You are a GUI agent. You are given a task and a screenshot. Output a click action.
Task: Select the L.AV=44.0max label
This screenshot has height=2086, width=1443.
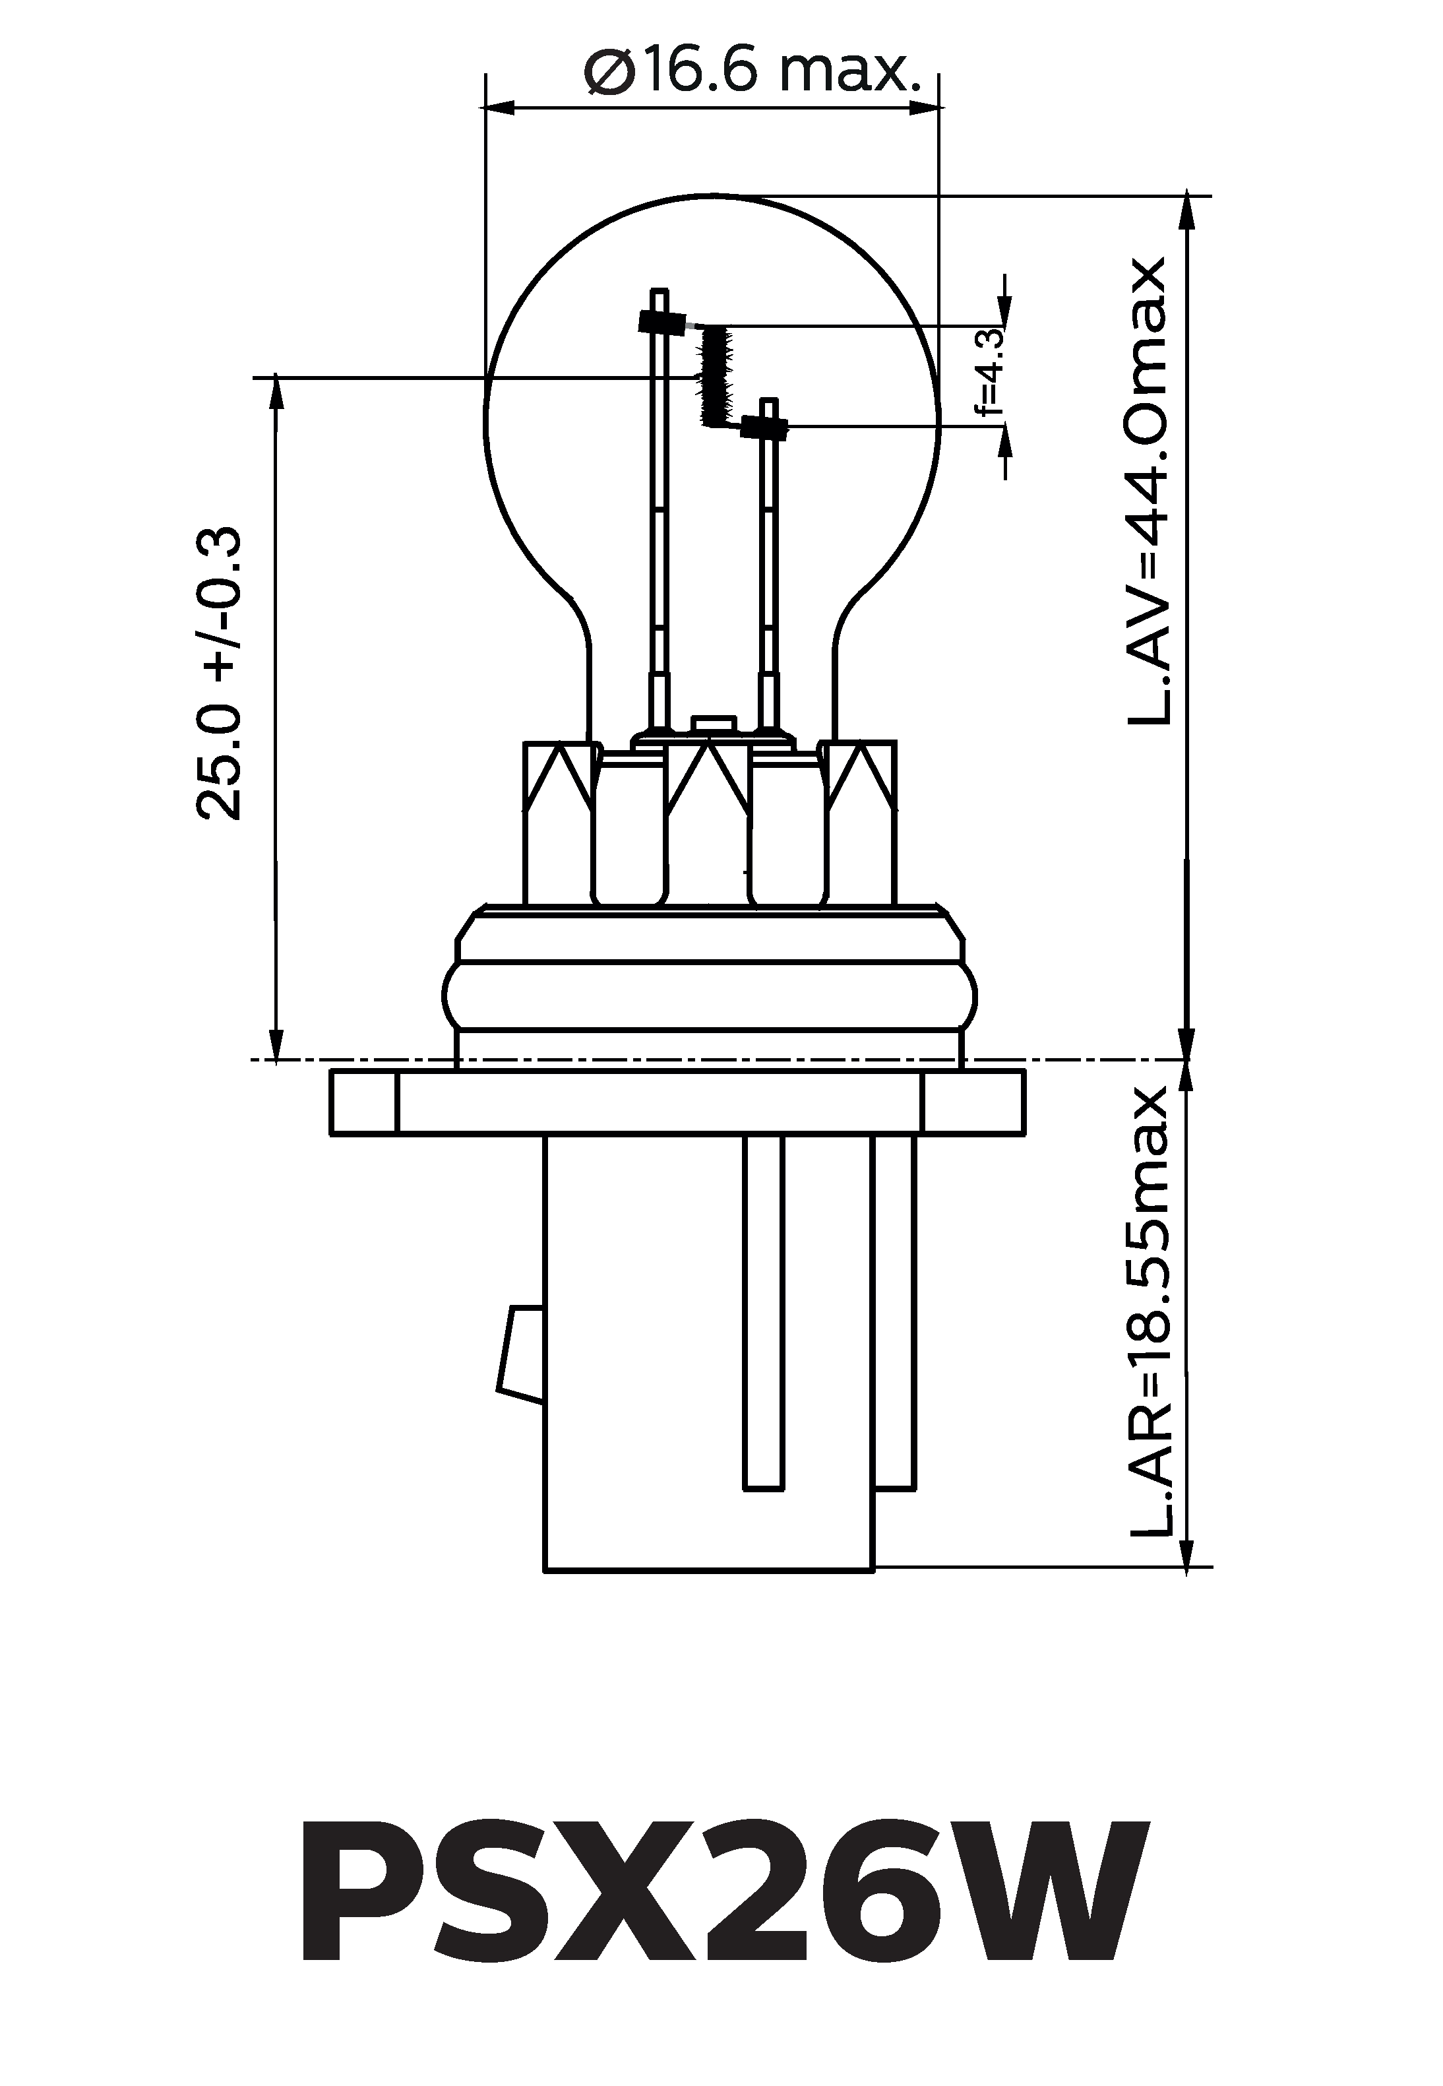click(x=1148, y=492)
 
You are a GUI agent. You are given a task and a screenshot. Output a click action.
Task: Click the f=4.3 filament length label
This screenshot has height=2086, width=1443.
click(x=991, y=371)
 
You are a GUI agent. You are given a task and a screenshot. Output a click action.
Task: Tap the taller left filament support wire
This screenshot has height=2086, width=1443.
click(x=659, y=507)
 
